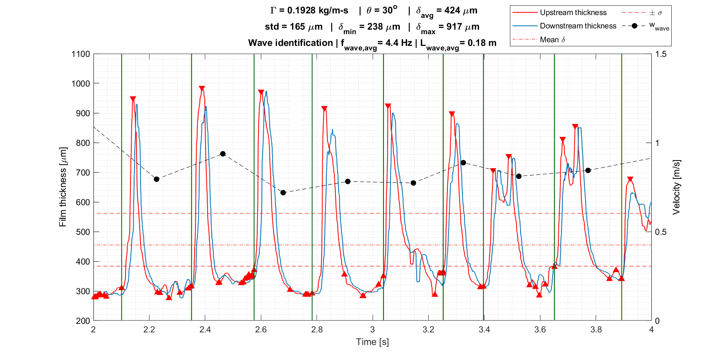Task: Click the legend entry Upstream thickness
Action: (x=573, y=13)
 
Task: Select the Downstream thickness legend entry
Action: (x=578, y=26)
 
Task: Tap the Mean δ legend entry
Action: (x=552, y=40)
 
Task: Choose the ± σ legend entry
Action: (x=655, y=13)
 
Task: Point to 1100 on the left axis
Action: (x=81, y=54)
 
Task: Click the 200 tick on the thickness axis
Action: (x=83, y=321)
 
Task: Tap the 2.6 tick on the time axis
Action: (x=261, y=330)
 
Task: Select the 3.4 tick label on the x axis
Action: (x=484, y=330)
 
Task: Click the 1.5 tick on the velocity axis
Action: (x=661, y=54)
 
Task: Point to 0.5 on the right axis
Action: (x=661, y=232)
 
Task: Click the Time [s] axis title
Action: (x=372, y=342)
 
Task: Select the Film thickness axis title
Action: (x=63, y=187)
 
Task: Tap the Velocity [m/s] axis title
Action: (x=676, y=187)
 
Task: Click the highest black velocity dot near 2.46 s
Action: (x=223, y=154)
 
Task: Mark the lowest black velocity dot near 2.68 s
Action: (x=283, y=193)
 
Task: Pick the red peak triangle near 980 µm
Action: (x=202, y=89)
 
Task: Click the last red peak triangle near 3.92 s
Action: (x=630, y=179)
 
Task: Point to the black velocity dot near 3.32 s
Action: (x=463, y=163)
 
